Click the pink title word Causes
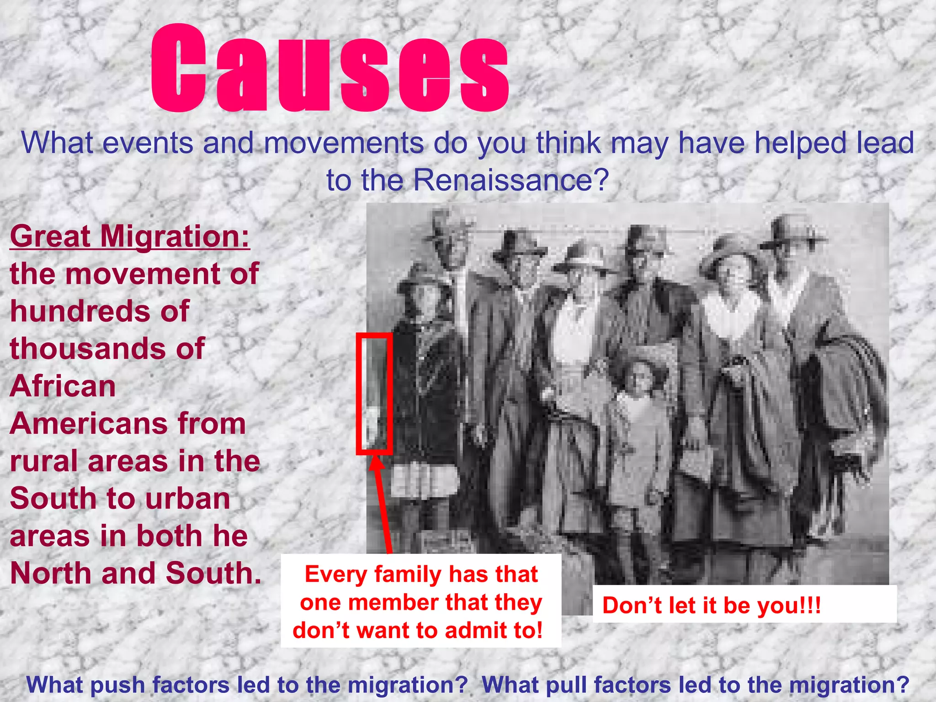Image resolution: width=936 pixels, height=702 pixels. [x=329, y=69]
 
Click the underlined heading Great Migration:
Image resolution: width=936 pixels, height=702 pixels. [x=130, y=236]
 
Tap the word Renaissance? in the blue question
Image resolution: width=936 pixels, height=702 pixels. [x=511, y=180]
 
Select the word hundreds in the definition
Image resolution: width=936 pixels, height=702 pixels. [x=76, y=312]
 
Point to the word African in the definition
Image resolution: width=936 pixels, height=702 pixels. [x=63, y=387]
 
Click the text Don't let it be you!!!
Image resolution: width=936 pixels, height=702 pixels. [x=711, y=605]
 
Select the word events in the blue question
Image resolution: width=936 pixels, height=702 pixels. [x=147, y=143]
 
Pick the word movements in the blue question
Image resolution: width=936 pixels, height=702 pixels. [x=344, y=143]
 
